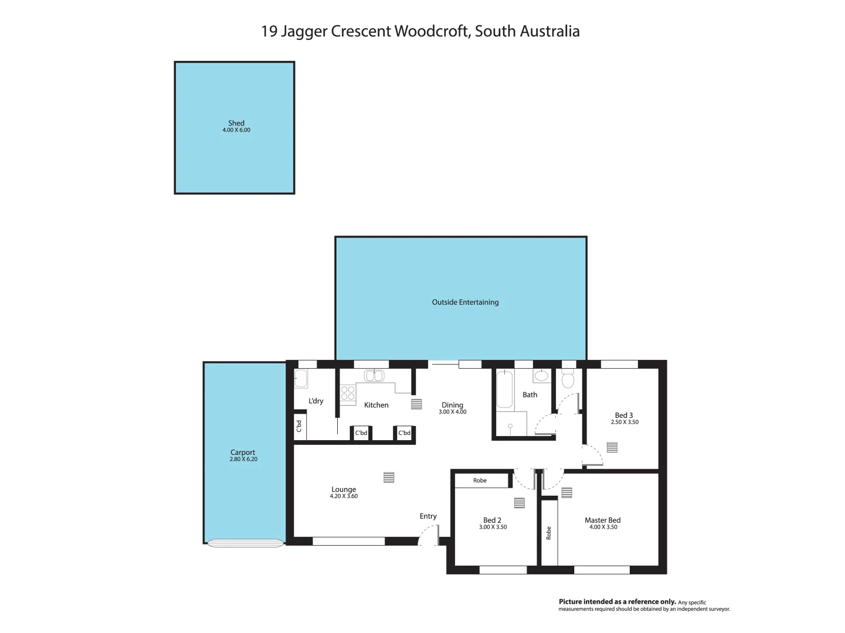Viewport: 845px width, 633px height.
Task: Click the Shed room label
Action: [x=236, y=123]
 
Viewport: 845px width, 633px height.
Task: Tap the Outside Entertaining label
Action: [x=465, y=302]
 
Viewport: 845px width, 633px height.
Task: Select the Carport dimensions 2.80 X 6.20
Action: [x=243, y=460]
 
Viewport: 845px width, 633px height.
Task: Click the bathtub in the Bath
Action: [x=504, y=389]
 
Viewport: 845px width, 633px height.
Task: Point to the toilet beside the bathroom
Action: [x=568, y=380]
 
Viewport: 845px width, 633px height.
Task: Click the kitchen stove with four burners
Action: [x=348, y=393]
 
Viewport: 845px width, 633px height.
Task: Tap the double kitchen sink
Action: [x=373, y=376]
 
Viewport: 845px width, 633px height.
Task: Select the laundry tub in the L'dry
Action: [x=301, y=379]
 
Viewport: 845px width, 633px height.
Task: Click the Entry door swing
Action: [x=429, y=535]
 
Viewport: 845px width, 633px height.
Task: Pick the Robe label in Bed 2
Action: [x=480, y=481]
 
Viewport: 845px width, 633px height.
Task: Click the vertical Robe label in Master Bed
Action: [x=549, y=533]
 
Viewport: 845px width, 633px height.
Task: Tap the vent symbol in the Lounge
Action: [x=388, y=478]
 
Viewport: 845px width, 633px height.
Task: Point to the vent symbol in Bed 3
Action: [x=612, y=447]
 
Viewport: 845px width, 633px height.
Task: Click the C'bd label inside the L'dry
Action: [x=299, y=427]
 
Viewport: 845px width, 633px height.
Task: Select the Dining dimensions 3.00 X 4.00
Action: [x=452, y=412]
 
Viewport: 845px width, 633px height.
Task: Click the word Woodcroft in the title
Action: [x=430, y=31]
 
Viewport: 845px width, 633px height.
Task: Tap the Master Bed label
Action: [x=602, y=520]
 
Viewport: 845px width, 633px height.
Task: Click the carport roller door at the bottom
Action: [x=245, y=543]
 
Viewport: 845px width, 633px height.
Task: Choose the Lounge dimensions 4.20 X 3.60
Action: [x=344, y=496]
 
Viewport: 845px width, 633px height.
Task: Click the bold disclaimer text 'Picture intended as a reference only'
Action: [x=617, y=602]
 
